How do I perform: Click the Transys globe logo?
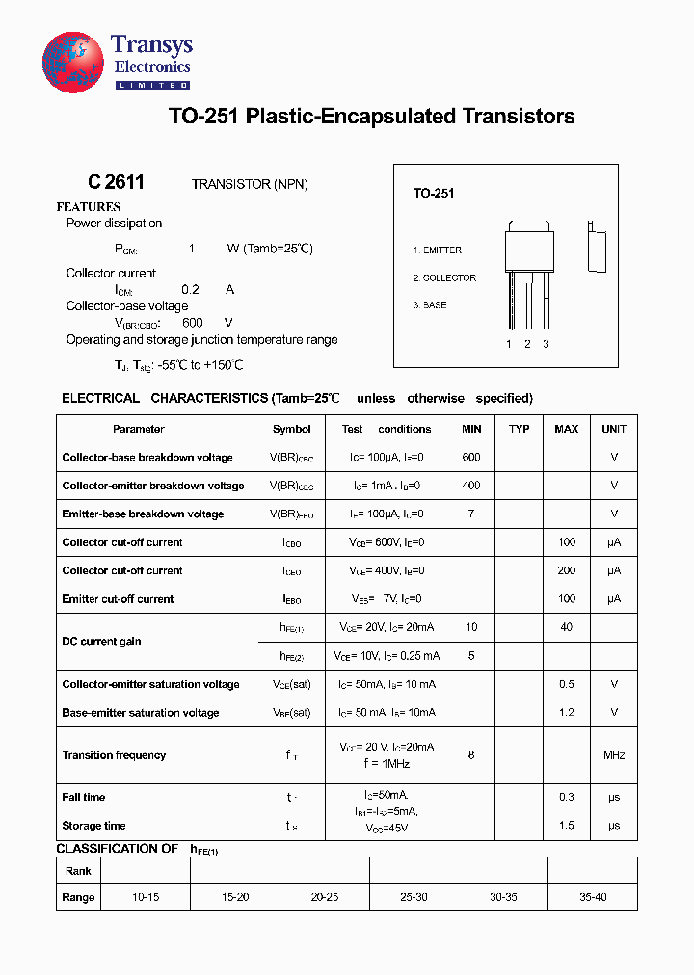pos(73,63)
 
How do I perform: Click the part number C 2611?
pos(116,183)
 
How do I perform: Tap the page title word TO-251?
pos(204,117)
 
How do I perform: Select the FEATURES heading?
pos(89,207)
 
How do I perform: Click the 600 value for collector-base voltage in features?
pos(192,323)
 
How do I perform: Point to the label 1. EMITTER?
pos(438,250)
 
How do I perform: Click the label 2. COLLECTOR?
pos(444,278)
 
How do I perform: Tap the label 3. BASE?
pos(430,305)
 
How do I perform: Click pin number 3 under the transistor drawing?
pos(546,344)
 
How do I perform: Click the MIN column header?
pos(471,429)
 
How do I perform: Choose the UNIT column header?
pos(614,429)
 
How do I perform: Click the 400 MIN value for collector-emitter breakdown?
pos(471,486)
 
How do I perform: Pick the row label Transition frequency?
pos(114,755)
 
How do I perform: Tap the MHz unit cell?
pos(614,755)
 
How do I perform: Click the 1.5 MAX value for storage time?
pos(566,826)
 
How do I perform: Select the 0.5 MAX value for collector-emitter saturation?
pos(566,684)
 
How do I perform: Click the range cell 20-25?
pos(325,897)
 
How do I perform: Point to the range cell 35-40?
pos(593,897)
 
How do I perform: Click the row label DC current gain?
pos(102,642)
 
